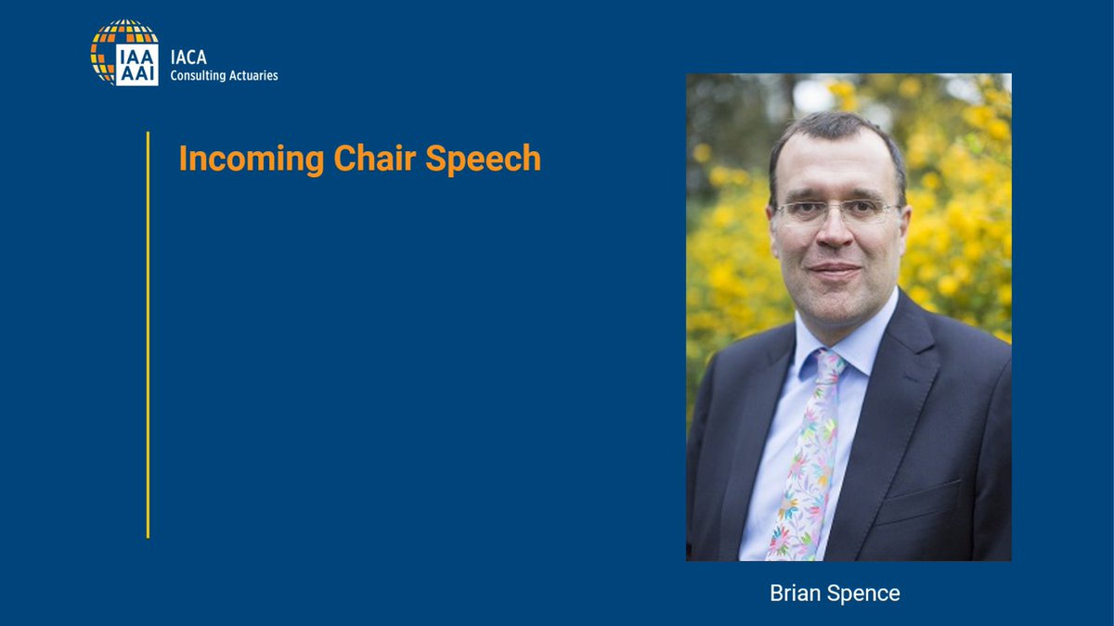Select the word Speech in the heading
pyautogui.click(x=484, y=159)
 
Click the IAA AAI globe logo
pyautogui.click(x=124, y=53)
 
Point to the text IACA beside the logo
pyautogui.click(x=189, y=57)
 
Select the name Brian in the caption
pyautogui.click(x=794, y=594)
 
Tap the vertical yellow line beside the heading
pyautogui.click(x=148, y=334)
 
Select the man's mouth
pyautogui.click(x=834, y=271)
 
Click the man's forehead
pyautogui.click(x=835, y=167)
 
